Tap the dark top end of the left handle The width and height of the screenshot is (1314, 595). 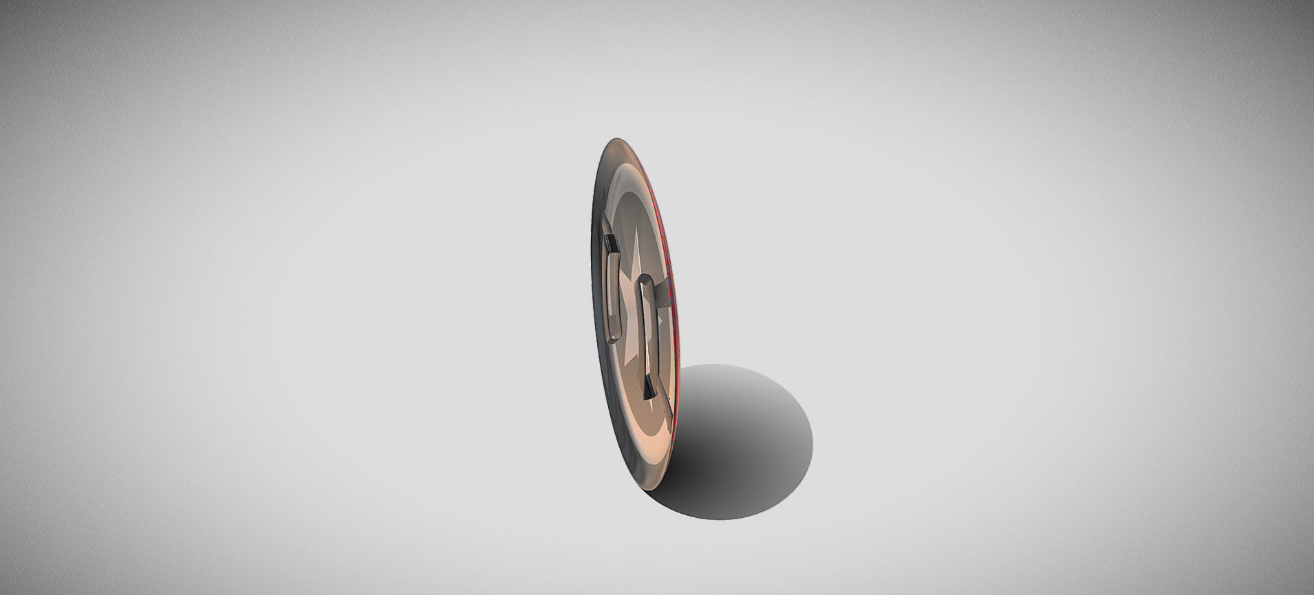click(x=610, y=243)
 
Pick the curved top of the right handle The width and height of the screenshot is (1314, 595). click(x=645, y=280)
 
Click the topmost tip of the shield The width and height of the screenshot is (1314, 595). click(x=611, y=140)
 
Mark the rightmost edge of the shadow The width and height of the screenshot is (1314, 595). click(x=812, y=440)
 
